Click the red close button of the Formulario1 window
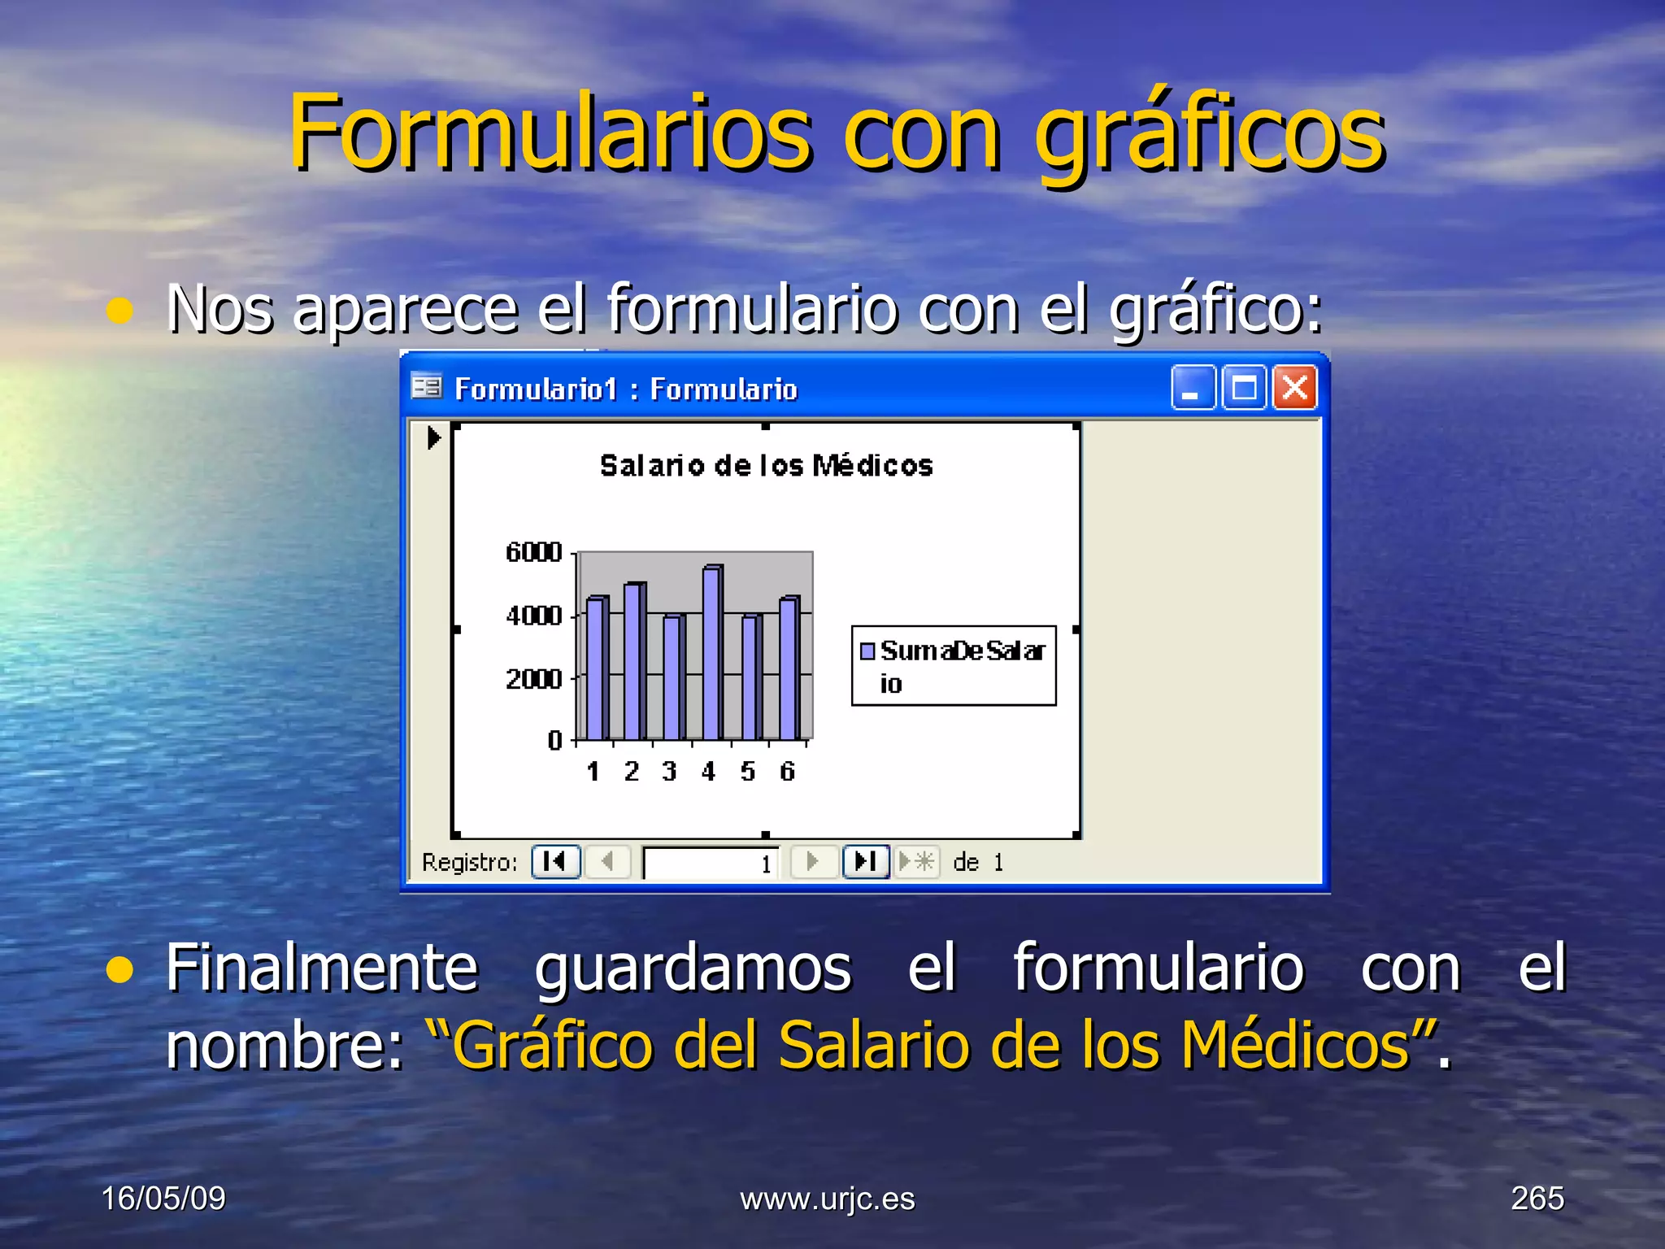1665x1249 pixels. [x=1294, y=388]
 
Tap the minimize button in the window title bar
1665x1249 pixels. [x=1192, y=388]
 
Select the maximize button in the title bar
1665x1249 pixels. [x=1244, y=388]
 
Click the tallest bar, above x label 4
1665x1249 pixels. [x=712, y=653]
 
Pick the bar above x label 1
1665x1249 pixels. [x=596, y=668]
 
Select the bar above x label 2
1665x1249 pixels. [x=634, y=661]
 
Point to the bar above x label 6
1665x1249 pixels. [x=789, y=668]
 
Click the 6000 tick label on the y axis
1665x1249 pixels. [x=533, y=553]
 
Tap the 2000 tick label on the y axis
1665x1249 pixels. [x=533, y=678]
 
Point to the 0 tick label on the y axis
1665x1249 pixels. [x=554, y=741]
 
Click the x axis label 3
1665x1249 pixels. [x=669, y=771]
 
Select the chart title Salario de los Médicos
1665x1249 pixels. [x=766, y=466]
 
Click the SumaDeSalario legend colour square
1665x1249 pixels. [x=867, y=651]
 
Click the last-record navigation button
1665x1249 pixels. [x=865, y=862]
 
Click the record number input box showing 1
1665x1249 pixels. [x=711, y=863]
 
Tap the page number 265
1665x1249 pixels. [x=1537, y=1199]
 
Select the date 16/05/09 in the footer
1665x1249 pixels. [x=163, y=1199]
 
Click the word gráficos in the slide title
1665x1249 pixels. [x=1209, y=134]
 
